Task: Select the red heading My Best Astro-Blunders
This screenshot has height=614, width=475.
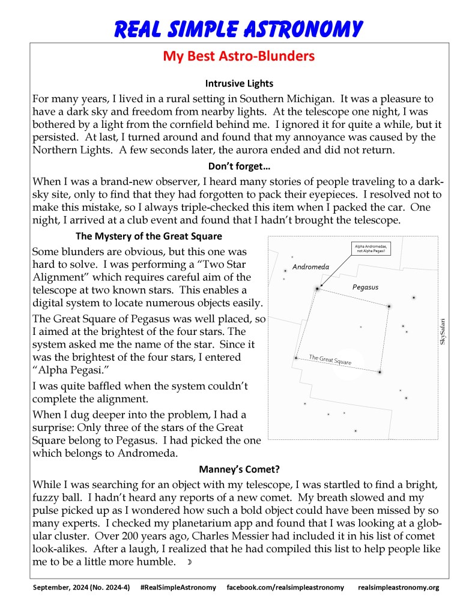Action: [238, 57]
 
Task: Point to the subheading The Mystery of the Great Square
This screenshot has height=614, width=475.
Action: [149, 236]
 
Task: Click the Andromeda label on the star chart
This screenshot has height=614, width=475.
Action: [310, 266]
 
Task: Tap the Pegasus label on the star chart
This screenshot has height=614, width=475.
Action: [365, 287]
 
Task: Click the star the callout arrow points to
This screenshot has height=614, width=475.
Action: [316, 289]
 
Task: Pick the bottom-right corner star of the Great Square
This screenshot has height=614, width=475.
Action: [380, 372]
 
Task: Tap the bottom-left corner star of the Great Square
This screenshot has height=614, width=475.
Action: [295, 358]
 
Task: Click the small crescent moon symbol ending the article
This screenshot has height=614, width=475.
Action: [189, 562]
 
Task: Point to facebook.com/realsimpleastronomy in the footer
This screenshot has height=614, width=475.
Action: [285, 587]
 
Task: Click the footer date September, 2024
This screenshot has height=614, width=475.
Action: [63, 587]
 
